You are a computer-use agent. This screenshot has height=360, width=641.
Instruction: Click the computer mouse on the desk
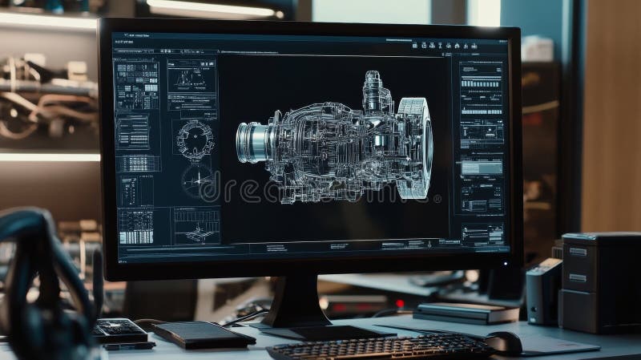click(x=504, y=342)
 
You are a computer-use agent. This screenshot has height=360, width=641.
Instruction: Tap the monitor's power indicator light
click(x=506, y=263)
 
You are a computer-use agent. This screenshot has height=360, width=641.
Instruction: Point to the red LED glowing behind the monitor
click(x=400, y=304)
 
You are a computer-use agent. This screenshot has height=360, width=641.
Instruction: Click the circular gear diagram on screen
click(x=195, y=138)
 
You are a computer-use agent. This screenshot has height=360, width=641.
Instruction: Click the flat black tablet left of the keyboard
click(x=204, y=334)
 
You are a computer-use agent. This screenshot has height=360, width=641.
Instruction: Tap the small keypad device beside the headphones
click(x=119, y=330)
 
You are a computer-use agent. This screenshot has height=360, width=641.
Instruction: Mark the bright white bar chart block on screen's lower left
click(x=135, y=226)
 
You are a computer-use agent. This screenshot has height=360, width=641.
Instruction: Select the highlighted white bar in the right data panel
click(x=482, y=167)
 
